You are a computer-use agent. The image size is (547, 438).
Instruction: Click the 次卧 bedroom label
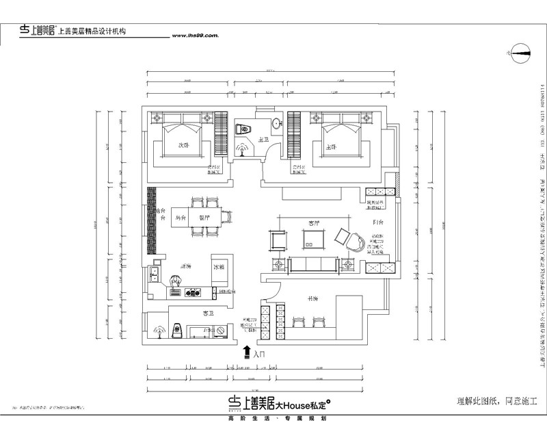coord(183,145)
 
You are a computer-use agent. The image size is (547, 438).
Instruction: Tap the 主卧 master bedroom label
coord(331,146)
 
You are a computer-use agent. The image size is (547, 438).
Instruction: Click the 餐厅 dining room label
coord(204,218)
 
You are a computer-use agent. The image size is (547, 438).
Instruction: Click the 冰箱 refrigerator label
coord(219,266)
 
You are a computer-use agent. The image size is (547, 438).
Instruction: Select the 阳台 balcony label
coord(378,222)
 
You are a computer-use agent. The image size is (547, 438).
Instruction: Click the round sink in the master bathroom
coord(275,124)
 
